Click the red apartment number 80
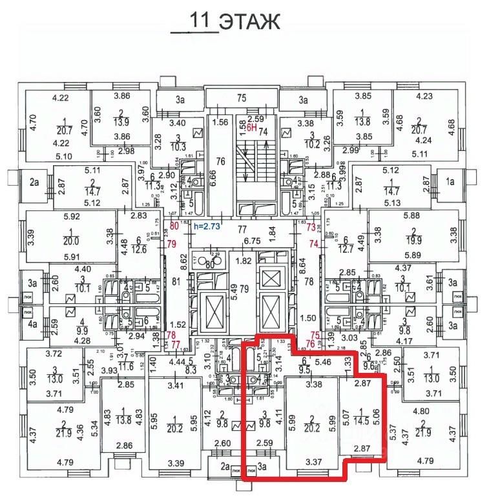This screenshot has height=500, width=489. coord(174,226)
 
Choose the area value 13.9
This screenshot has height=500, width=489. coord(121,122)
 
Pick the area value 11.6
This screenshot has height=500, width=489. coord(126,366)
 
